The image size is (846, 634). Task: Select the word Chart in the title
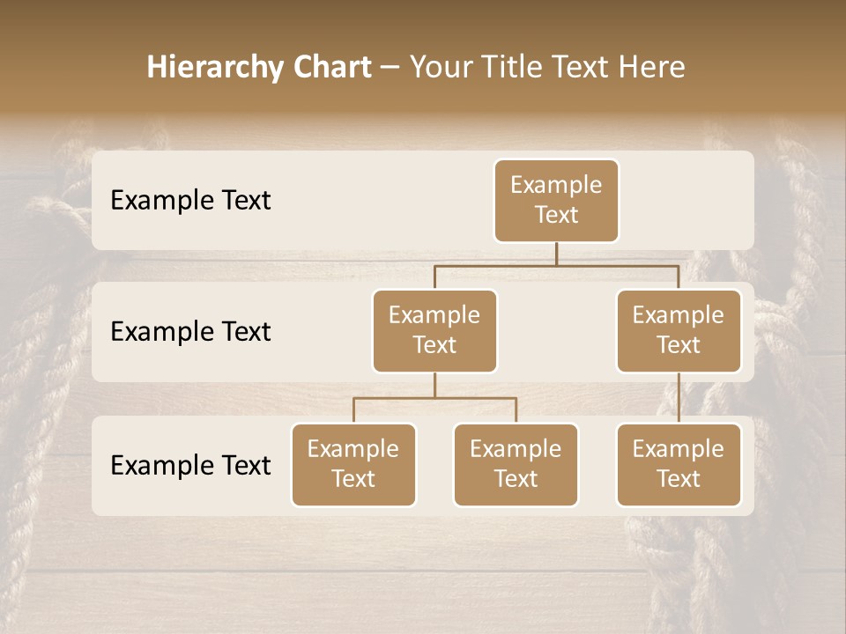coord(330,67)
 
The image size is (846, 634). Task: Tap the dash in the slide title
coord(390,68)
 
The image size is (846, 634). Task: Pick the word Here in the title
coord(651,67)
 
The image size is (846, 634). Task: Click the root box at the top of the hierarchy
coord(556,201)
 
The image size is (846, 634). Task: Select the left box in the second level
coord(434,331)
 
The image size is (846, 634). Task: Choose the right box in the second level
coord(679,331)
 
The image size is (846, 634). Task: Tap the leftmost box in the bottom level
coord(353,465)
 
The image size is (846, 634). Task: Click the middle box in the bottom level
coord(516,465)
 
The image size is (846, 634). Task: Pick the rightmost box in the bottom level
coord(679,465)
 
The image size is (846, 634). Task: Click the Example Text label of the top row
coord(190,201)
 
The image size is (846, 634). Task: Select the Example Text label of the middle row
coord(190,332)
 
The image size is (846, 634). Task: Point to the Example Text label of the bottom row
coord(190,465)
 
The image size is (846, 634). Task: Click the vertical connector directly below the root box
coord(556,254)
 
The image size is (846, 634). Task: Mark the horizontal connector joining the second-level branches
coord(556,265)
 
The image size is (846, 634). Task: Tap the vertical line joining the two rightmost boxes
coord(679,398)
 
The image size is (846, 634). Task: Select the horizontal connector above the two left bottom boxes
coord(434,398)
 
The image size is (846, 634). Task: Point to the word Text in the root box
coord(556,215)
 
